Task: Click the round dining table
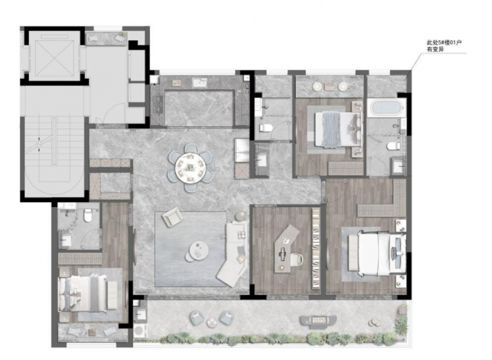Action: tap(190, 167)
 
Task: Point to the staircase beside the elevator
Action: tap(54, 157)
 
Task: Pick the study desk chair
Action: tap(296, 260)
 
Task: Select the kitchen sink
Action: tap(199, 82)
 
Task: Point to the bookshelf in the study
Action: tap(316, 248)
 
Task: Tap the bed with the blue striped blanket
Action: tap(337, 128)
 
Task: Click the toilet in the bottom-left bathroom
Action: tap(87, 216)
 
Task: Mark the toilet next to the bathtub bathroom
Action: tap(393, 146)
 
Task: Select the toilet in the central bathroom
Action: tap(266, 128)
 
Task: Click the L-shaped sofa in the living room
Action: tap(235, 252)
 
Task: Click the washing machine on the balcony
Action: tap(138, 330)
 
